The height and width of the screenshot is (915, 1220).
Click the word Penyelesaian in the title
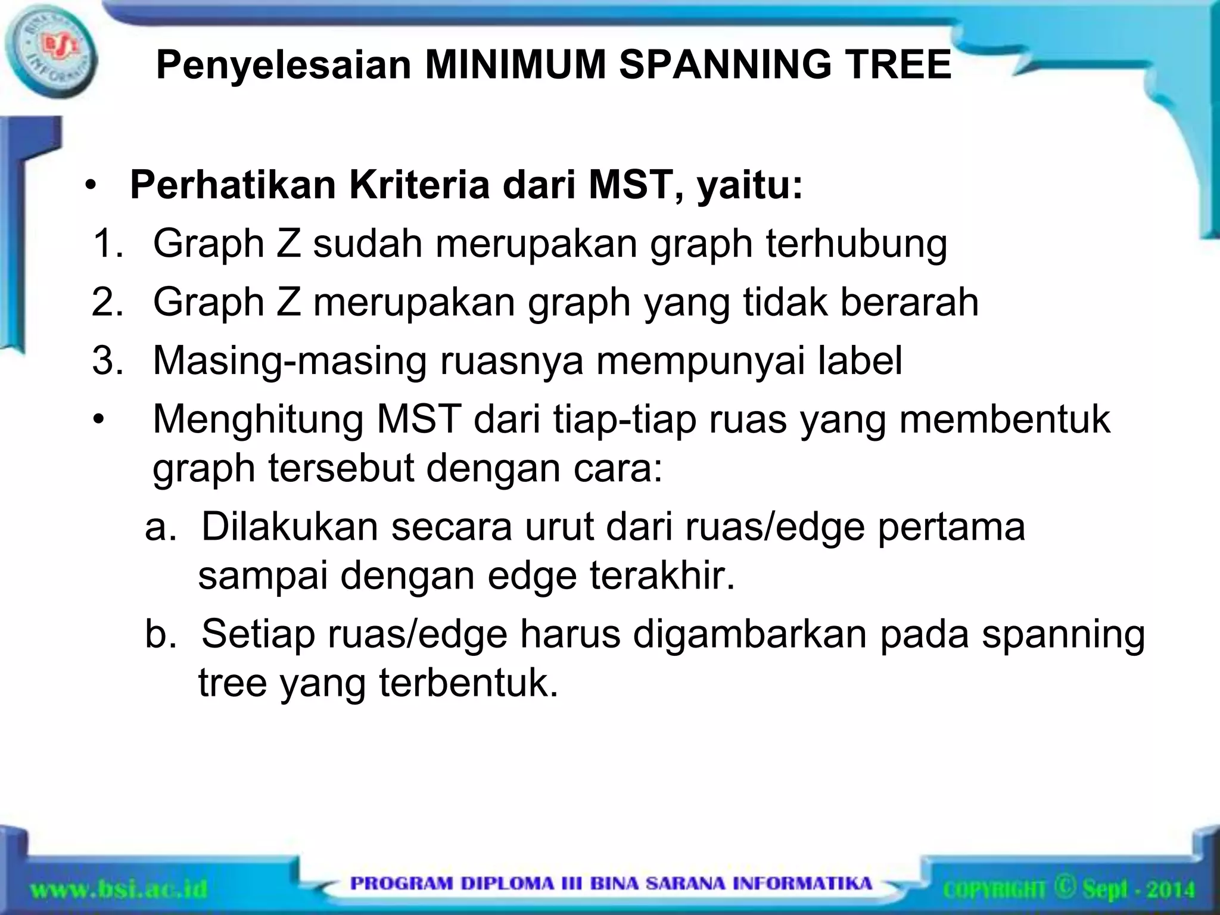pyautogui.click(x=284, y=65)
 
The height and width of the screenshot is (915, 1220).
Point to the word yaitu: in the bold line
pyautogui.click(x=749, y=186)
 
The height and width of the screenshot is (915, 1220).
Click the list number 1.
pyautogui.click(x=108, y=244)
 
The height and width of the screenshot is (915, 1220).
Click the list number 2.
pyautogui.click(x=108, y=302)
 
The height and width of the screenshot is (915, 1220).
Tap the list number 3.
pyautogui.click(x=108, y=360)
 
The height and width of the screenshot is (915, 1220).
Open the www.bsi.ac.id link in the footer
pyautogui.click(x=119, y=890)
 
